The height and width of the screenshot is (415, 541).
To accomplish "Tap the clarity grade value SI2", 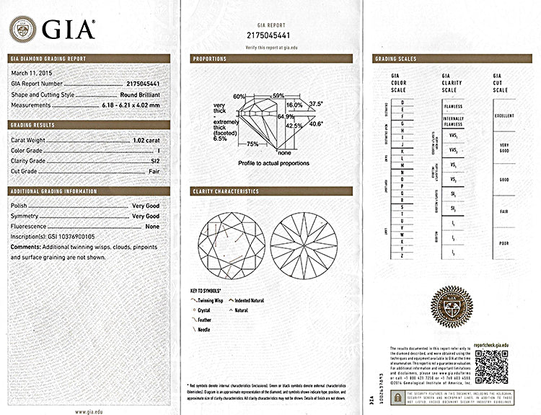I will coord(154,161).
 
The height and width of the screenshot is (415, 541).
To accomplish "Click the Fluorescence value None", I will coord(152,226).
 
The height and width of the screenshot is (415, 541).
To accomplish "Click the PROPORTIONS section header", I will coord(210,58).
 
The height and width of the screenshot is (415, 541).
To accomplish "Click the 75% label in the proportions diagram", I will coord(252,144).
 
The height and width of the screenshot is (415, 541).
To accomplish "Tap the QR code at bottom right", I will coord(491,368).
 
